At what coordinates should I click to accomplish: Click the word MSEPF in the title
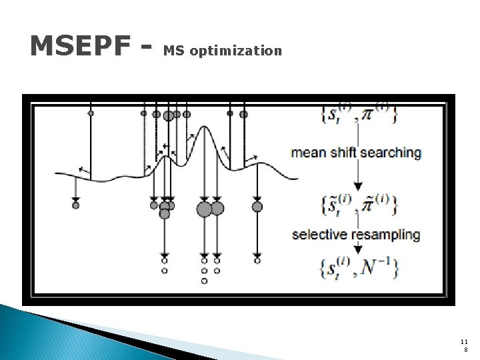click(81, 46)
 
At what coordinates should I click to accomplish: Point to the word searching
click(390, 153)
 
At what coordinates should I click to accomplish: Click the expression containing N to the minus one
click(360, 267)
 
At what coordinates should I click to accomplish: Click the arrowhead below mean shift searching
click(358, 186)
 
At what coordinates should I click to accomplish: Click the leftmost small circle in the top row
click(91, 113)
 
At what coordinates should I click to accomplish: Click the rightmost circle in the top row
click(243, 114)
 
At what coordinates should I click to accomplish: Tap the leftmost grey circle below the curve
click(75, 205)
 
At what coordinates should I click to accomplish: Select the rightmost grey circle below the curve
click(257, 207)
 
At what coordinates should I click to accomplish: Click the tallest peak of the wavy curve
click(205, 131)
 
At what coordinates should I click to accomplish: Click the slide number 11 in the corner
click(464, 341)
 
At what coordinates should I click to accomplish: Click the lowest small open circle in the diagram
click(204, 281)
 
